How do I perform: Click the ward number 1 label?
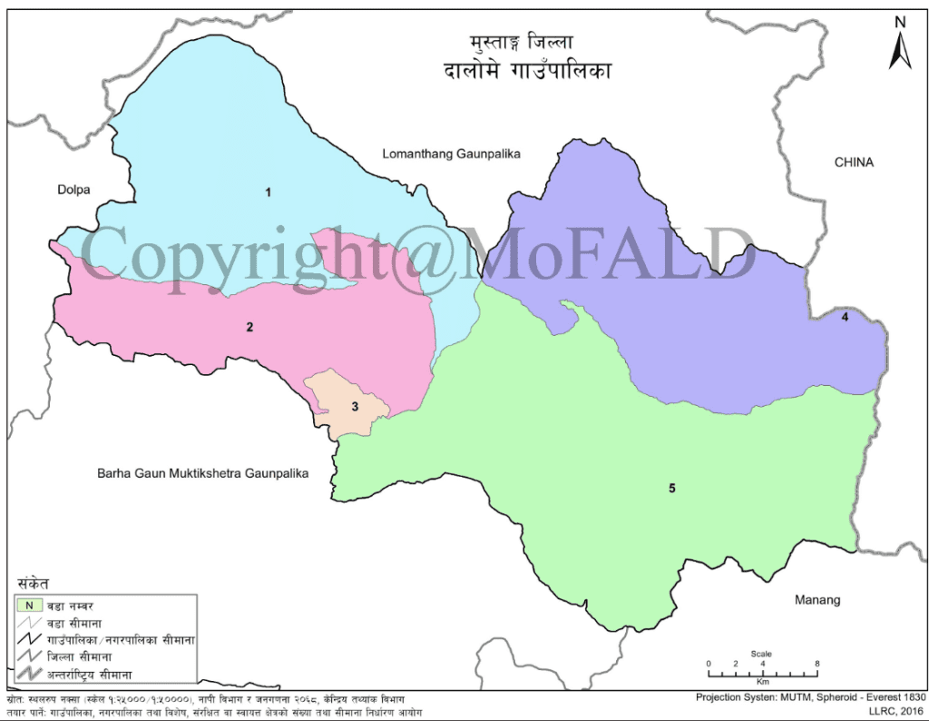pos(268,193)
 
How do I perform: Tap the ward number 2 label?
pos(249,327)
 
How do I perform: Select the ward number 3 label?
pos(356,407)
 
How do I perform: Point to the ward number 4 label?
pos(845,318)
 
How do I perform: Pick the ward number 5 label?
pos(672,489)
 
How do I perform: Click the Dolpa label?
pos(74,190)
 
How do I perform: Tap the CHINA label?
pos(854,163)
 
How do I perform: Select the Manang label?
pos(817,600)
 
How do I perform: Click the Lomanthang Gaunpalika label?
pos(450,154)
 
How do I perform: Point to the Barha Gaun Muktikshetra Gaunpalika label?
pos(203,473)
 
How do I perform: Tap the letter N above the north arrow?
pos(900,21)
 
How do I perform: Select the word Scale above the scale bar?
pos(761,654)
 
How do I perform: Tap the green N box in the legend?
pos(29,605)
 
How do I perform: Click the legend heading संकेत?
pos(33,583)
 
